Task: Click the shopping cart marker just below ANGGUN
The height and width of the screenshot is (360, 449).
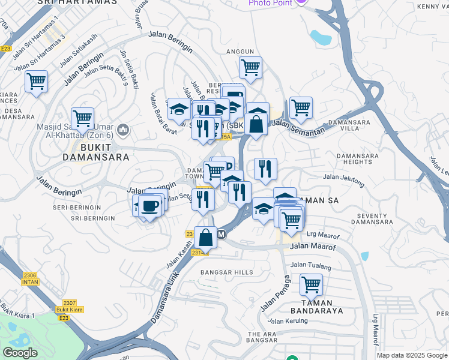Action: [x=250, y=67]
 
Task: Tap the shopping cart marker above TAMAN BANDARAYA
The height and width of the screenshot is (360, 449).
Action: [x=311, y=284]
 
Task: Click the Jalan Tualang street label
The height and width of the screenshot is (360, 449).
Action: [x=307, y=265]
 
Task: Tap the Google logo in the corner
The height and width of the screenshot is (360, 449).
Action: [x=20, y=353]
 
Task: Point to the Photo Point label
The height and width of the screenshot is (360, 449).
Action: [x=270, y=3]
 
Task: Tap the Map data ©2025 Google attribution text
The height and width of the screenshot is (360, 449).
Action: [x=412, y=355]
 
